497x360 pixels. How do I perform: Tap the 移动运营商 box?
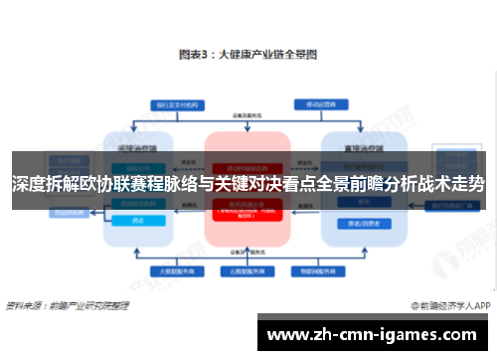tap(316, 104)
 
